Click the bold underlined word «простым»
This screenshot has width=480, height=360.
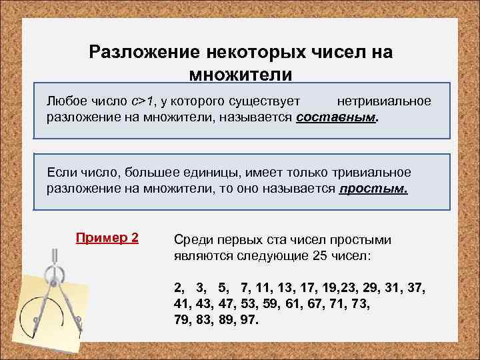(x=373, y=189)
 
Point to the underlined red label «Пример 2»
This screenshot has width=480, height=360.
(x=107, y=237)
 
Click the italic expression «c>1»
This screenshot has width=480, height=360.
(x=142, y=101)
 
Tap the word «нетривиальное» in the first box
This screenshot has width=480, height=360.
(x=384, y=101)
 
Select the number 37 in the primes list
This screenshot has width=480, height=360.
(x=416, y=287)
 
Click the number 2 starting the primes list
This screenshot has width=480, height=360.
(x=177, y=287)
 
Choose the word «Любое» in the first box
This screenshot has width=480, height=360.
(x=65, y=101)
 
